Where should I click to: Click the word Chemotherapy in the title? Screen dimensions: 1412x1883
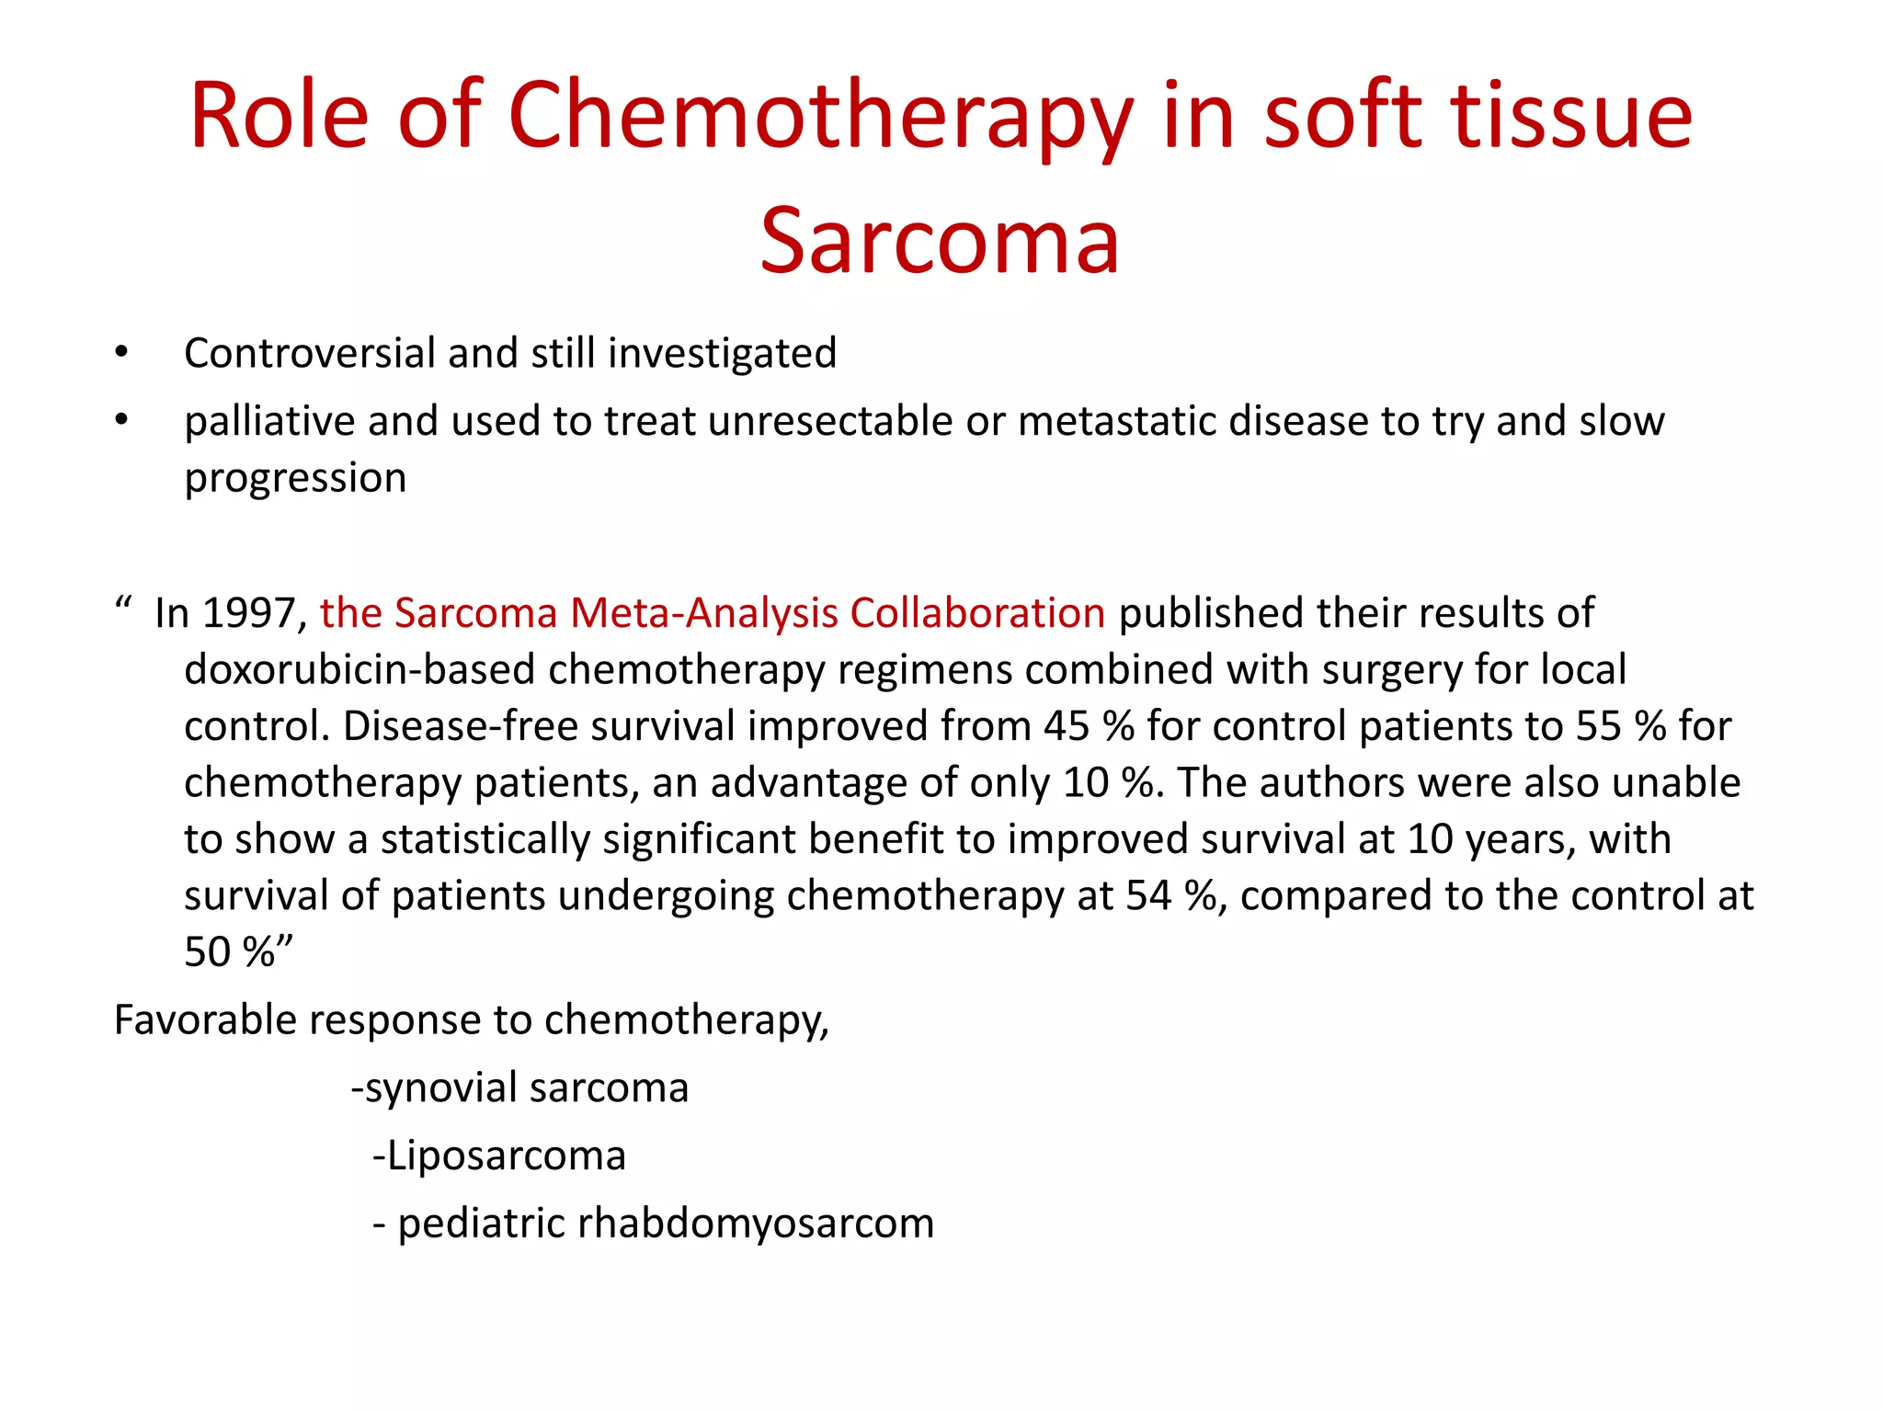tap(821, 117)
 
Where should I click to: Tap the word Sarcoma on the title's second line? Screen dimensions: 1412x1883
tap(940, 241)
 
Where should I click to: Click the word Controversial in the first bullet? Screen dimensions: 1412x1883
tap(310, 353)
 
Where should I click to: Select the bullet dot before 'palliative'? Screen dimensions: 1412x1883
tap(121, 420)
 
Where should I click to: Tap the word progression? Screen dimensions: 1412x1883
tap(295, 478)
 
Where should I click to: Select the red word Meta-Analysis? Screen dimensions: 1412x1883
tap(703, 613)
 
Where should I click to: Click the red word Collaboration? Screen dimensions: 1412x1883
tap(977, 613)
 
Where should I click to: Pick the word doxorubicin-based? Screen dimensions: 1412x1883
tap(359, 669)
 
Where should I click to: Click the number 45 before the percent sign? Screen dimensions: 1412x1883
tap(1067, 726)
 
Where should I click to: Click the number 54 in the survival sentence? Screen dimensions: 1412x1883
tap(1148, 895)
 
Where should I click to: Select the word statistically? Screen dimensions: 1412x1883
tap(485, 839)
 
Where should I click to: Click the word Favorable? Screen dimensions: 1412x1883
tap(204, 1020)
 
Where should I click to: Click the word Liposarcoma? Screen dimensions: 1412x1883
tap(506, 1156)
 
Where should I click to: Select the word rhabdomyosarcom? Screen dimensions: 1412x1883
tap(756, 1224)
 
